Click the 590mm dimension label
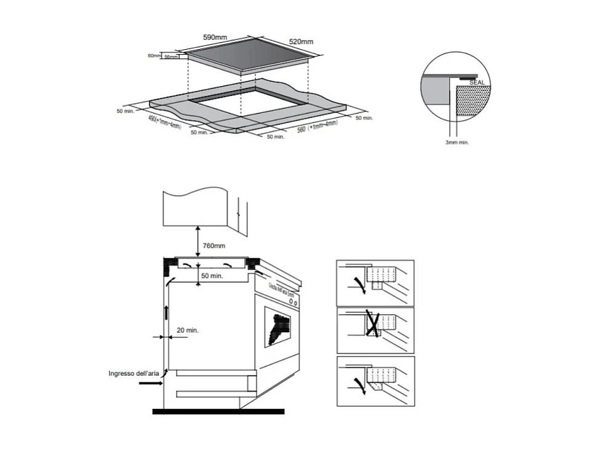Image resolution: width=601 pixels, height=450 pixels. point(215,37)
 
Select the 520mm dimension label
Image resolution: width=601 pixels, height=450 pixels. point(301,42)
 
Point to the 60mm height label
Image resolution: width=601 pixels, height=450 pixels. point(154,56)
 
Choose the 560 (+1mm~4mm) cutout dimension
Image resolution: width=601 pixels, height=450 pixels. point(317,127)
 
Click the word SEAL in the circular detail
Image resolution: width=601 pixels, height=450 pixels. point(477,82)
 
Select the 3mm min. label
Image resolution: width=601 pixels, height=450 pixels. point(457,141)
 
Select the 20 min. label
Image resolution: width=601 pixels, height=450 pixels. point(188,330)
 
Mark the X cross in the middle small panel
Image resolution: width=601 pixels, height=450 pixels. point(372,324)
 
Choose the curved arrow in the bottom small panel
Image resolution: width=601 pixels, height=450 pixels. point(356,382)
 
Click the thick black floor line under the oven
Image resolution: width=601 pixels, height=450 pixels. point(218,411)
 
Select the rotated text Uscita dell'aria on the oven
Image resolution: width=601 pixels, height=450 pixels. point(283,288)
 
